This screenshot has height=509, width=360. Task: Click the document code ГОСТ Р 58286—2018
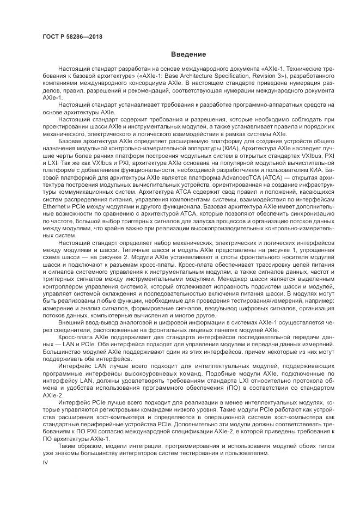pos(72,37)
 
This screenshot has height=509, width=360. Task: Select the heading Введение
pos(188,54)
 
